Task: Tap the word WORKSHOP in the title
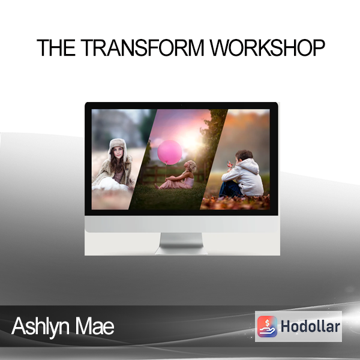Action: coord(267,47)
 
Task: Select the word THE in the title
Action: coord(56,47)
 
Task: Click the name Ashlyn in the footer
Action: coord(40,326)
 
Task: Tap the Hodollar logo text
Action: coord(310,326)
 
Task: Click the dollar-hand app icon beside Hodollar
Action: coord(267,326)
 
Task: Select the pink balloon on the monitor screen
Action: coord(170,152)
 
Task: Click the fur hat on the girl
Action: coord(117,147)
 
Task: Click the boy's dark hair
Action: coord(244,155)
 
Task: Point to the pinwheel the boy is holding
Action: coord(230,164)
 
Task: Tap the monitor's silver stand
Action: coord(181,244)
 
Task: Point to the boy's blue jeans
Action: coord(230,189)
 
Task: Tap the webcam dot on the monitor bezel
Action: coord(181,105)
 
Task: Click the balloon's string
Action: coord(166,172)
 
